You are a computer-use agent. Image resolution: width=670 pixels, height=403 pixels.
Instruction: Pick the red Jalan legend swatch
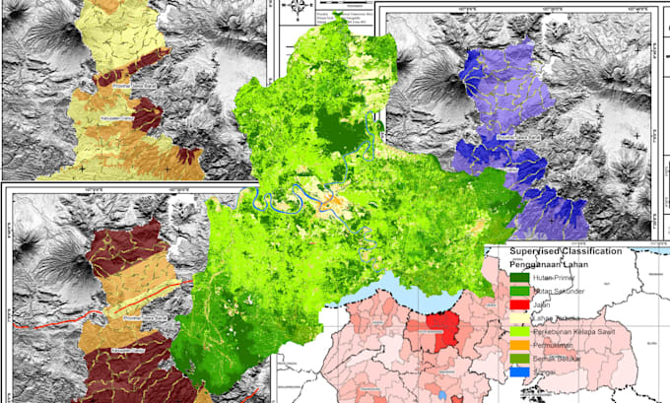pyautogui.click(x=516, y=305)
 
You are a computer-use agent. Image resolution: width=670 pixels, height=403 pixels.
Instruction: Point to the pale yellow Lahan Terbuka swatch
pyautogui.click(x=516, y=319)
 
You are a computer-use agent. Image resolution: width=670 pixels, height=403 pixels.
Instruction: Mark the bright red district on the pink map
pyautogui.click(x=440, y=335)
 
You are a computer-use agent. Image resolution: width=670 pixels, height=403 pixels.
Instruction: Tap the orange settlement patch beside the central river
pyautogui.click(x=338, y=205)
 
